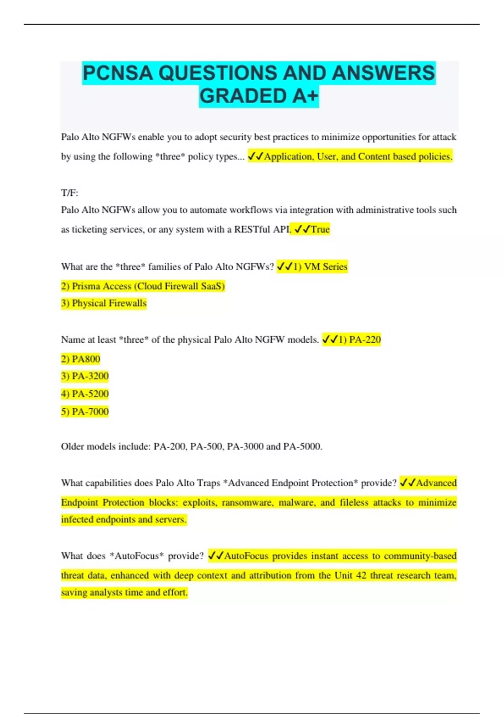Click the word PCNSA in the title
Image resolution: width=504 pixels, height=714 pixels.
click(118, 73)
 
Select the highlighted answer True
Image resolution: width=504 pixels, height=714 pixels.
click(320, 229)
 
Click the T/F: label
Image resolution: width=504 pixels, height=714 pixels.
click(70, 193)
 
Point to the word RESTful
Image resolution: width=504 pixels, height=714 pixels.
click(252, 229)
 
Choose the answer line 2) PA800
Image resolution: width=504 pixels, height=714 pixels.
click(81, 359)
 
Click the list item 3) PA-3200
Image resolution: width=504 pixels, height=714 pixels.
click(85, 376)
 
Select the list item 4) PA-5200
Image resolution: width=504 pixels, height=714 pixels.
click(85, 394)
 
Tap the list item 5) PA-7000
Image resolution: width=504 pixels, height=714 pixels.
click(85, 412)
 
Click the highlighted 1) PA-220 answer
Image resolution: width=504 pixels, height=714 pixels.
click(360, 340)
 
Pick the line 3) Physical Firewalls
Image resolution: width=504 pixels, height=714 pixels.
click(104, 303)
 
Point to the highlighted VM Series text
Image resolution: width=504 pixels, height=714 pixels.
click(325, 267)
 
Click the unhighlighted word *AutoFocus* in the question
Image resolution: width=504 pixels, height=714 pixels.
click(136, 556)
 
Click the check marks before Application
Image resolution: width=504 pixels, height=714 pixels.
click(256, 157)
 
